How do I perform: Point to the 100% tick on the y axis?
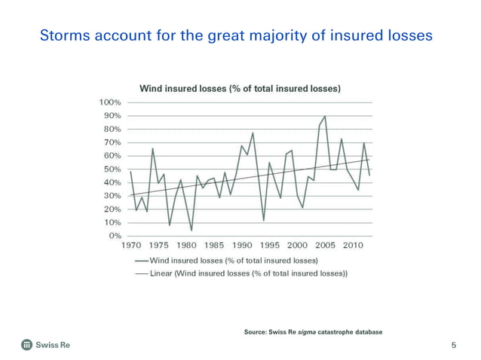point(110,102)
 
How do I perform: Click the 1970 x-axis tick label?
point(131,246)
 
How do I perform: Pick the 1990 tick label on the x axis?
point(241,246)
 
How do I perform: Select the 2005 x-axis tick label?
point(325,246)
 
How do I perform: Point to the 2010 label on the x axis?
point(353,246)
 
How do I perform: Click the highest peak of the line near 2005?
point(325,117)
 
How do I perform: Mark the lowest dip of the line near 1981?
point(191,230)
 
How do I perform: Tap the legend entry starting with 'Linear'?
point(249,273)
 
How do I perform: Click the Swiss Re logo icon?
point(26,345)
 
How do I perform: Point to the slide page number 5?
point(454,346)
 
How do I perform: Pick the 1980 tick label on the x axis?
point(186,246)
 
